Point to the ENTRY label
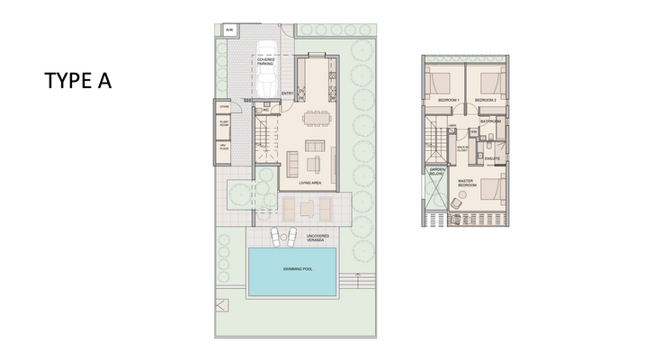[x=288, y=94]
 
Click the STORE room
[x=224, y=107]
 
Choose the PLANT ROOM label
[x=224, y=126]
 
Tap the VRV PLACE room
[x=224, y=148]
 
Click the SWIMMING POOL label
[x=293, y=270]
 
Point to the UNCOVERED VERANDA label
[x=317, y=238]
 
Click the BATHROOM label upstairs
[x=490, y=121]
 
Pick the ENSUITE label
[x=491, y=159]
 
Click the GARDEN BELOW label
[x=437, y=171]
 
